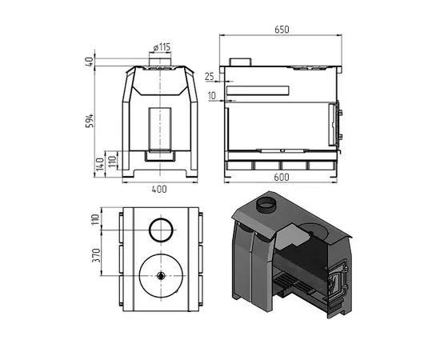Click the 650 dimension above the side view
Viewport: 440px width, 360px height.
point(281,30)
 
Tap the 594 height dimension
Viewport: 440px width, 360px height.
point(91,121)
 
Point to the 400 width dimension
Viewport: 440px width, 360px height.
point(160,189)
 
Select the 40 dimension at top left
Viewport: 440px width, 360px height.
point(91,61)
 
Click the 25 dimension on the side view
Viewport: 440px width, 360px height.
point(210,77)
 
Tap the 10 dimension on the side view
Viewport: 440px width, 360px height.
point(210,96)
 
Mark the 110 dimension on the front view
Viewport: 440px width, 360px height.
point(112,163)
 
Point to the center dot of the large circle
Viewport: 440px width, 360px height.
point(161,275)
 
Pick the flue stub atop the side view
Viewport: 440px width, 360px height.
point(240,62)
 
